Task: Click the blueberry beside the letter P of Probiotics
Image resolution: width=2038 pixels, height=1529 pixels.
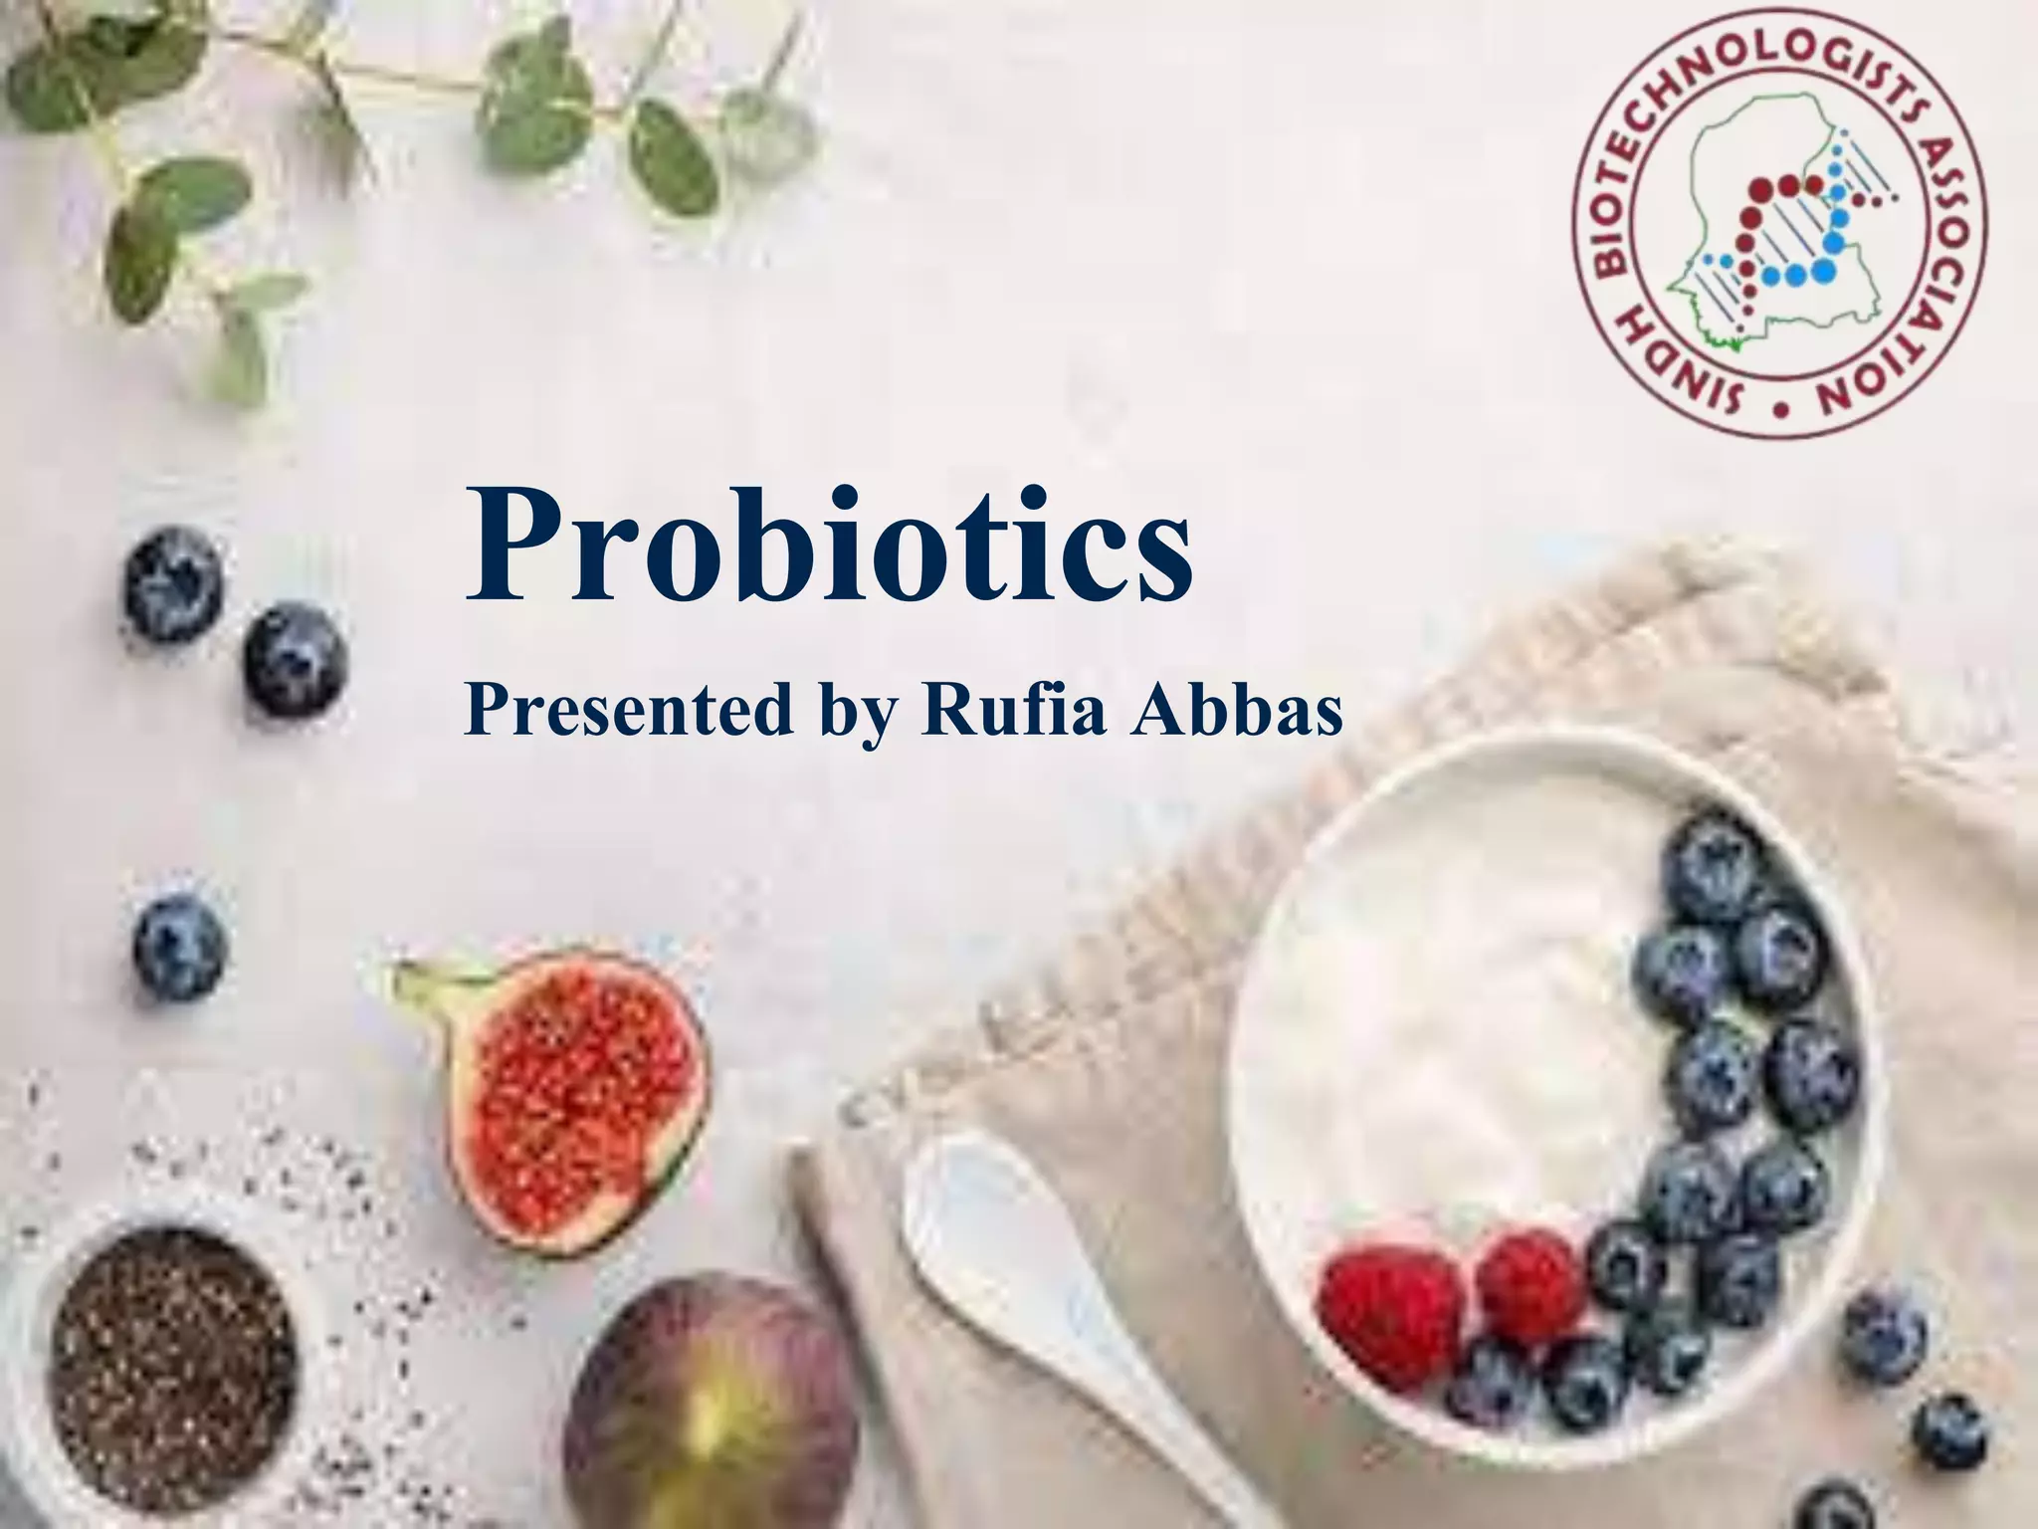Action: tap(297, 659)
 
